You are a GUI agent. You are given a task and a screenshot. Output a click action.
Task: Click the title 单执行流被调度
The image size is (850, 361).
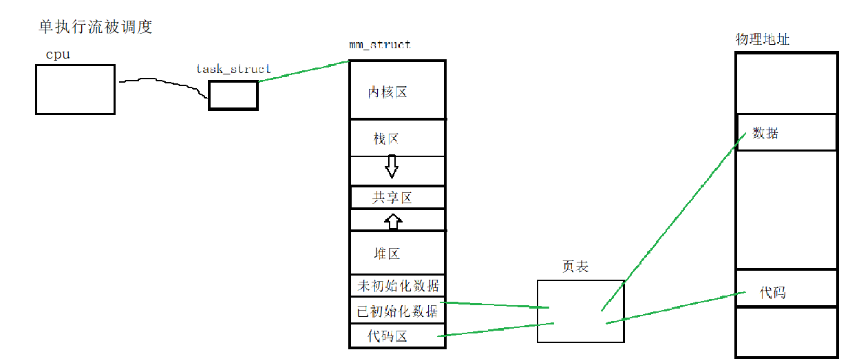(x=96, y=28)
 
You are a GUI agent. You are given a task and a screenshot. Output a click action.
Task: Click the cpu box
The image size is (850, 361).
(x=75, y=89)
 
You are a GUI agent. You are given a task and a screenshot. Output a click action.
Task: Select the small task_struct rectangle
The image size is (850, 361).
(x=233, y=95)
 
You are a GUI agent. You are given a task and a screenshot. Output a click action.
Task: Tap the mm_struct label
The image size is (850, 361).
(x=380, y=45)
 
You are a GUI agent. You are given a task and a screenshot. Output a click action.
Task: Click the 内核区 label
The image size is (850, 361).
(x=387, y=92)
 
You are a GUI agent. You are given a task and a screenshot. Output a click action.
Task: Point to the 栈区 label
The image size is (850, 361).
(x=386, y=139)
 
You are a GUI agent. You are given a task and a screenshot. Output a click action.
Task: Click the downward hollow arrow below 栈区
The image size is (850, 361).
(x=392, y=166)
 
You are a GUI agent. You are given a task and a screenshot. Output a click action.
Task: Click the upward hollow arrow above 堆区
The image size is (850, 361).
(x=392, y=221)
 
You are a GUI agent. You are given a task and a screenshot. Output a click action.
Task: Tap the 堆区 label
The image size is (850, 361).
(x=387, y=254)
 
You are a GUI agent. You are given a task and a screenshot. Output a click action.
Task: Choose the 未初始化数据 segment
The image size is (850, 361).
(x=398, y=285)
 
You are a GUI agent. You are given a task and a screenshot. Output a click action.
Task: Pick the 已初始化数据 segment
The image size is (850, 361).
(x=397, y=311)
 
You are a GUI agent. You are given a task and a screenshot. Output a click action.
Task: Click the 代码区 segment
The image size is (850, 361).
(x=387, y=336)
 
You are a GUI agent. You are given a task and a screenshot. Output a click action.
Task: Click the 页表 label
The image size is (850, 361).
(x=575, y=267)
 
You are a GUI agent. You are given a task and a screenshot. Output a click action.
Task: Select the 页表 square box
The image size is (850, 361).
(x=580, y=311)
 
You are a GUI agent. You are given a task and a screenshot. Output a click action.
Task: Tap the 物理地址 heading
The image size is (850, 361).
(x=762, y=39)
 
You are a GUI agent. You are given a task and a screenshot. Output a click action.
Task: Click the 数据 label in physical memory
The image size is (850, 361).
(x=765, y=133)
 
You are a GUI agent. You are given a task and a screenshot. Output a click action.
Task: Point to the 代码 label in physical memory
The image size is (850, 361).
(x=772, y=293)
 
